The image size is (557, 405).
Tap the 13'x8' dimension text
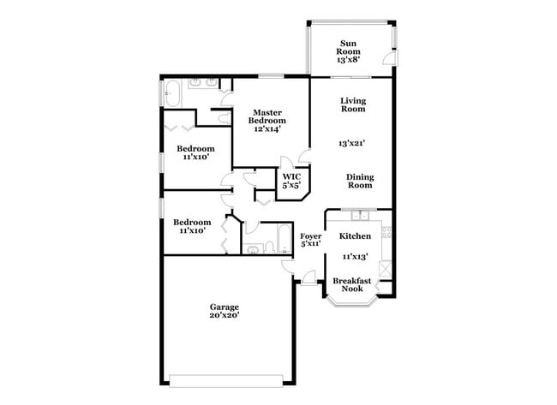[348, 60]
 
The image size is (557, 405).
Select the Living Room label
[353, 104]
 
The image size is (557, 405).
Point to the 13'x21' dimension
[353, 144]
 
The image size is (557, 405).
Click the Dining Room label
[360, 181]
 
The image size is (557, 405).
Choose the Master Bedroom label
[267, 116]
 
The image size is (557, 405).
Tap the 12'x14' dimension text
[267, 129]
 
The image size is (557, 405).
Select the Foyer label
[310, 235]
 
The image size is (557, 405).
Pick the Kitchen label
[355, 235]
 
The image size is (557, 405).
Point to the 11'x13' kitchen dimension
[355, 256]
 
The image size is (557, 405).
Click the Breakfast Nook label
[351, 285]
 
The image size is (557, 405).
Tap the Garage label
[225, 307]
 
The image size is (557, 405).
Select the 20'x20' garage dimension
[225, 315]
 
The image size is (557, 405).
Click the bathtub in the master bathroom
[171, 92]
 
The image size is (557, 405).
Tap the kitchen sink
[359, 214]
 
